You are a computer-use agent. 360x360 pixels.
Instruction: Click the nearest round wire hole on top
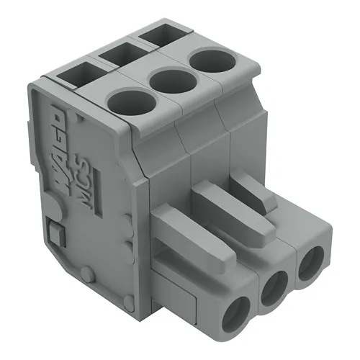point(131,101)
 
